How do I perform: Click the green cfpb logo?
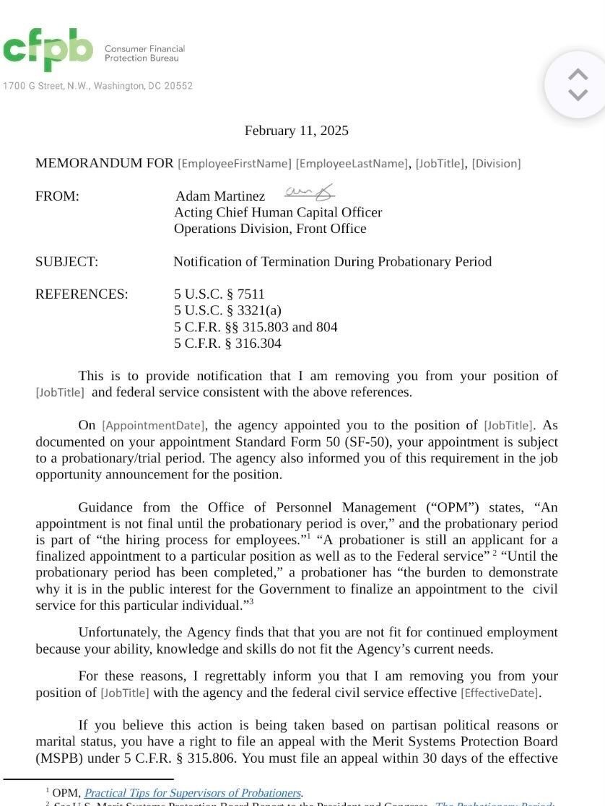(48, 50)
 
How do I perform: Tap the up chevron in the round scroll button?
(578, 74)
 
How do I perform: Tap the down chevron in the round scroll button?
(578, 95)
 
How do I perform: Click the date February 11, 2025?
(296, 131)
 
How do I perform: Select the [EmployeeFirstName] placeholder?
(235, 164)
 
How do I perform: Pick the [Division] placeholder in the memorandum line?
(496, 164)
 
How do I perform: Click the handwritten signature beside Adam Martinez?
(310, 192)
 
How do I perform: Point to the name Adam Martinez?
(220, 196)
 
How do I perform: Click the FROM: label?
(57, 196)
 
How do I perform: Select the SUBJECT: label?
(66, 262)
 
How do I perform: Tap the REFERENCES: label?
(82, 294)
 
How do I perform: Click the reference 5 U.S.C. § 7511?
(219, 294)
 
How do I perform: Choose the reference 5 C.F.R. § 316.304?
(227, 343)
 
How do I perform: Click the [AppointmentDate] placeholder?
(153, 426)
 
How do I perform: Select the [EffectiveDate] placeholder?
(500, 693)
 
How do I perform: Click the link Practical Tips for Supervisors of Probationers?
(193, 793)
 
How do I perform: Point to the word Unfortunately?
(118, 633)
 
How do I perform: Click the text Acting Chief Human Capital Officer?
(278, 213)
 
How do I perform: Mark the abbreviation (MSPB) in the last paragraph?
(59, 758)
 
